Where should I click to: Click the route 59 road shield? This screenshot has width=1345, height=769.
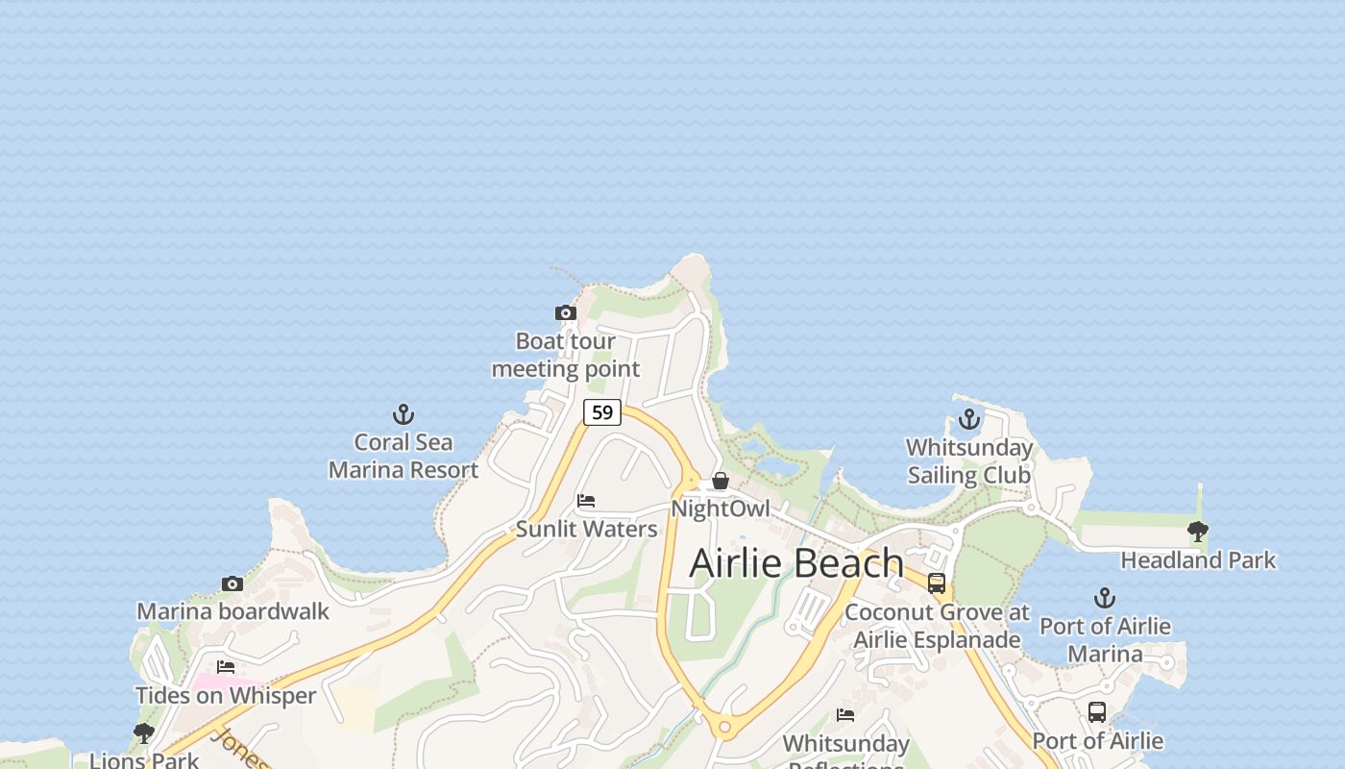(x=602, y=412)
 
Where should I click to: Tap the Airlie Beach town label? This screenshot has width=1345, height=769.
(x=796, y=563)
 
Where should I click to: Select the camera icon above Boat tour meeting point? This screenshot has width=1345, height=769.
(x=566, y=312)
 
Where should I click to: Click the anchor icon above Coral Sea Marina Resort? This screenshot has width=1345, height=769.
(x=403, y=414)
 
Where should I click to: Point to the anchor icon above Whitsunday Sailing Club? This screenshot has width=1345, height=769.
(x=969, y=419)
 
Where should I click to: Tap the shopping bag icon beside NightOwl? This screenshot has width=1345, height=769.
(x=721, y=481)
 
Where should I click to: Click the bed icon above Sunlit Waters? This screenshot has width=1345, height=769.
(x=586, y=501)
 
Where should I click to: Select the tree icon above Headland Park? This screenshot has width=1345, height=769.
(x=1198, y=531)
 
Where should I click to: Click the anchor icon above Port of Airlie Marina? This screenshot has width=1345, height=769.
(x=1105, y=598)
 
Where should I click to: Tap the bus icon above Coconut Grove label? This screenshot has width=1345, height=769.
(x=937, y=583)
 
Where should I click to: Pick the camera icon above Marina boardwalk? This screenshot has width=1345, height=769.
(x=232, y=583)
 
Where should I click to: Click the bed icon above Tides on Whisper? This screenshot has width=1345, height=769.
(x=226, y=666)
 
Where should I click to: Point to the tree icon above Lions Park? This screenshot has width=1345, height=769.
(x=144, y=733)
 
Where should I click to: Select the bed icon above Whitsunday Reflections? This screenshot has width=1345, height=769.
(x=845, y=714)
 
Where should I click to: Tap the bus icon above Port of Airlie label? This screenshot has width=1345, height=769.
(x=1097, y=712)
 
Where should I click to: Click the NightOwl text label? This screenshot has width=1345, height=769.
(x=721, y=509)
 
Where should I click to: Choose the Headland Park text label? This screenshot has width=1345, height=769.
(x=1198, y=559)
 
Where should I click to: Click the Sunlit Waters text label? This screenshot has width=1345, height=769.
(x=586, y=529)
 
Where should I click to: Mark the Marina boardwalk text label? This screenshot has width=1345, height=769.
(x=232, y=611)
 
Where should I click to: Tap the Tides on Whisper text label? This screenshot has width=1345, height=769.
(x=226, y=695)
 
